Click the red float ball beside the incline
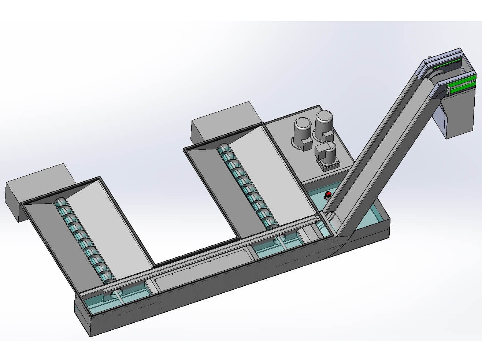pyautogui.click(x=328, y=194)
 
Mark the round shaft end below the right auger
pyautogui.click(x=280, y=240)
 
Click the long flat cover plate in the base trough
pyautogui.click(x=201, y=270)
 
